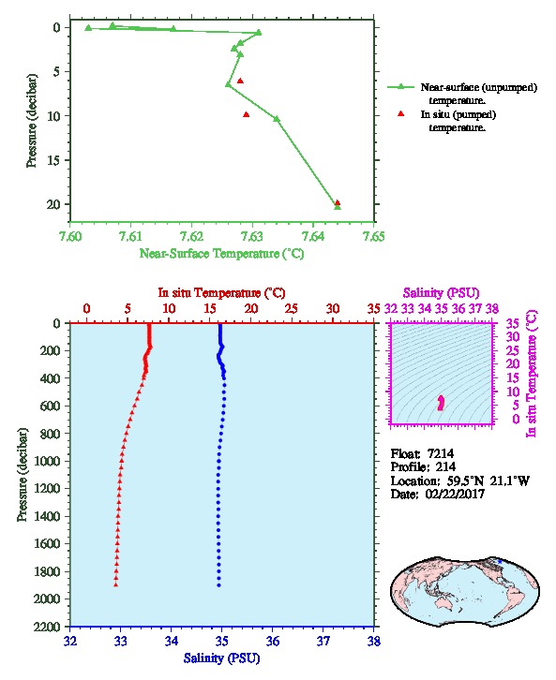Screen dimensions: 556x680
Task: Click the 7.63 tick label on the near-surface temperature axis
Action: click(x=251, y=236)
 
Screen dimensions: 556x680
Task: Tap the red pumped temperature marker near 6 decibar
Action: click(x=240, y=81)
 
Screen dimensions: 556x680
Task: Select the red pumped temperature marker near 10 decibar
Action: click(x=246, y=114)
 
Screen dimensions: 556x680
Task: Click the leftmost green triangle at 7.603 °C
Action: click(x=88, y=28)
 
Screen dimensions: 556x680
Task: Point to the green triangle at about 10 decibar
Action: click(x=277, y=119)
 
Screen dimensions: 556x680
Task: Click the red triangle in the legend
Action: click(x=400, y=113)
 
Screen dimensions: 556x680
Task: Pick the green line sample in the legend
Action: click(x=400, y=87)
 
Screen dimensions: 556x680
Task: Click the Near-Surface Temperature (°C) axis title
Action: click(x=221, y=254)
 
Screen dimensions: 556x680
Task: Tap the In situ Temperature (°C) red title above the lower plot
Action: click(x=221, y=293)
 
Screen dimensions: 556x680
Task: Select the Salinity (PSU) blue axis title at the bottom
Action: click(x=221, y=658)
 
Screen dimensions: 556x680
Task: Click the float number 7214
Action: click(x=441, y=453)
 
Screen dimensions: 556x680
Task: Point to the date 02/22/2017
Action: click(x=455, y=494)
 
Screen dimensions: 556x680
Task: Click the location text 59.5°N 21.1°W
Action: click(x=486, y=480)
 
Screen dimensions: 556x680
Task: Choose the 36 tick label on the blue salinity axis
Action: click(x=273, y=641)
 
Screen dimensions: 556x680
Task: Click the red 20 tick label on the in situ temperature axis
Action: click(x=251, y=309)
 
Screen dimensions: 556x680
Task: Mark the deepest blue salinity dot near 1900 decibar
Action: click(x=218, y=585)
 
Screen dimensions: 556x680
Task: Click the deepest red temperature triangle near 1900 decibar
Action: click(x=116, y=584)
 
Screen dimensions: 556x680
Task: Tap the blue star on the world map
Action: click(x=500, y=561)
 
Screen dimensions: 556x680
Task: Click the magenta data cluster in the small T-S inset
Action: click(x=441, y=403)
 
